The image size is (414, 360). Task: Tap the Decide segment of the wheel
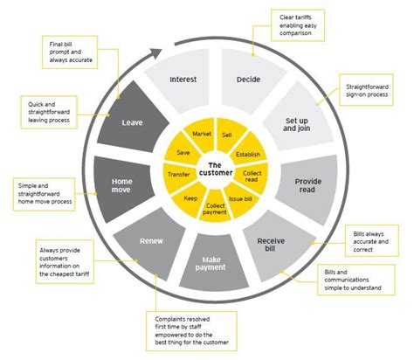(x=248, y=80)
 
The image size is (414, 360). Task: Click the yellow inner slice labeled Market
(x=202, y=134)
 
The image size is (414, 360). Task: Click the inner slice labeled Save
(x=183, y=151)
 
